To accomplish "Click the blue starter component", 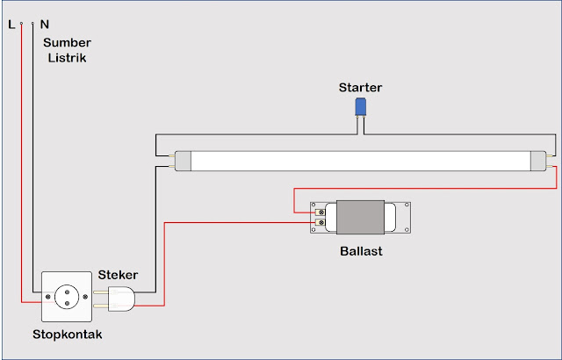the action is point(360,107).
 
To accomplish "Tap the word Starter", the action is point(360,88).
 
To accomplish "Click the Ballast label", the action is point(361,251).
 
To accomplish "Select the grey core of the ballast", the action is point(360,218).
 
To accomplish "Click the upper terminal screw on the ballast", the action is point(321,212).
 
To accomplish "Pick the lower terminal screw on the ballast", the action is point(321,223).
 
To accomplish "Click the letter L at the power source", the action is point(11,25).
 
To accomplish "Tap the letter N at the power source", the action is point(45,25).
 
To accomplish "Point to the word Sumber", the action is point(67,43).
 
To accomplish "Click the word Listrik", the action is point(67,58).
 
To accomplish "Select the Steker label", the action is point(118,275).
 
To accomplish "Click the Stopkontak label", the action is point(68,335).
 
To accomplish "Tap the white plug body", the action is point(121,299).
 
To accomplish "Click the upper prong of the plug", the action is point(101,292).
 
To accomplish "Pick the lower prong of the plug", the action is point(101,306).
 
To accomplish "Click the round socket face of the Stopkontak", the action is point(67,297).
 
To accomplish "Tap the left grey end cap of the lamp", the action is point(183,161).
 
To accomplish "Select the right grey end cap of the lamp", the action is point(538,161).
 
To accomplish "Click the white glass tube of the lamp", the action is point(361,161).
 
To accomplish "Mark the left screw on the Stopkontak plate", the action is point(47,297).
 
